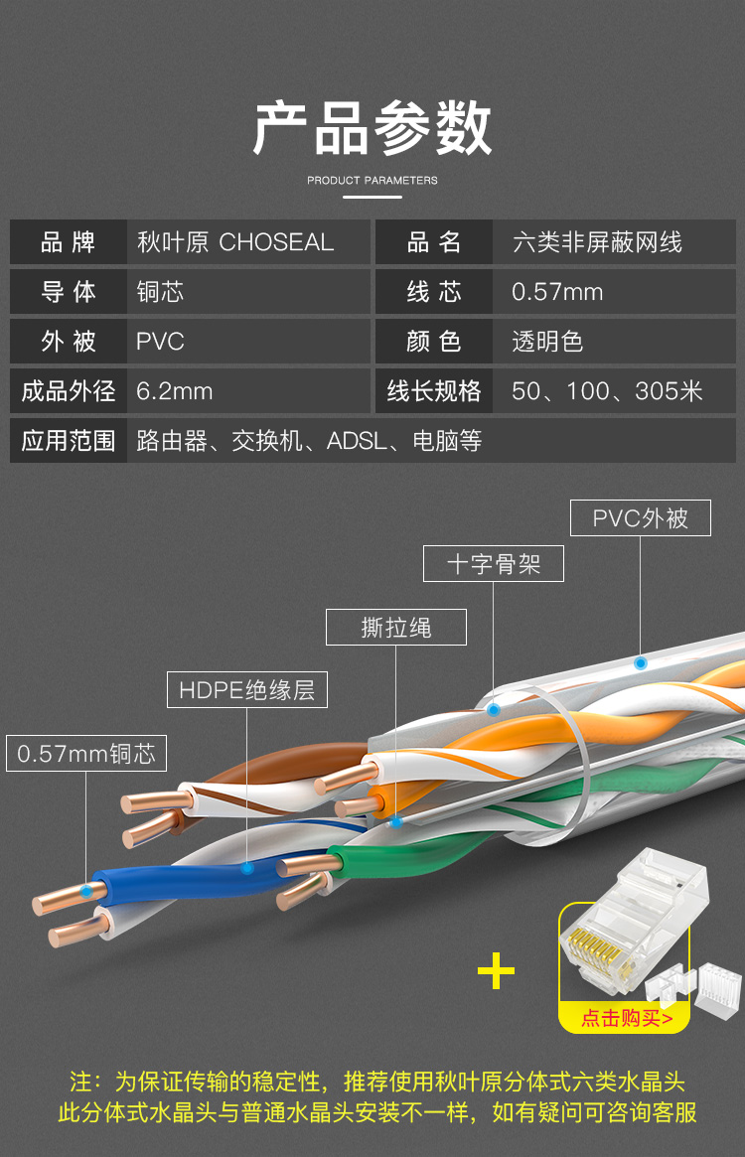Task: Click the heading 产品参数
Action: click(372, 129)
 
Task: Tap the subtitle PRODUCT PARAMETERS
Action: click(372, 181)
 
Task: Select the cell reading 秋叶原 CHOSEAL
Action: click(235, 242)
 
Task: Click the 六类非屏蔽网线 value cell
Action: click(597, 242)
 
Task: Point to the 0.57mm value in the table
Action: click(557, 292)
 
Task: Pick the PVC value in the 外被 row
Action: click(161, 342)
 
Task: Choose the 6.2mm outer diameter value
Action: click(175, 391)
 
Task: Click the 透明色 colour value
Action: click(547, 342)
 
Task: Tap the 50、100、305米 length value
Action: click(607, 391)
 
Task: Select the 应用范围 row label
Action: click(69, 441)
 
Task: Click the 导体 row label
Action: click(69, 292)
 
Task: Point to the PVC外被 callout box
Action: click(641, 518)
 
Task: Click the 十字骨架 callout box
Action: click(494, 564)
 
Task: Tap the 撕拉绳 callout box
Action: click(396, 628)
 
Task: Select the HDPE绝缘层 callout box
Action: click(246, 690)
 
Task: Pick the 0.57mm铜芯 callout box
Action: click(86, 753)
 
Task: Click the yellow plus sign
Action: click(496, 971)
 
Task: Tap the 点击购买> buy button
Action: click(626, 1018)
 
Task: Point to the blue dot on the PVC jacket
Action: click(641, 661)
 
